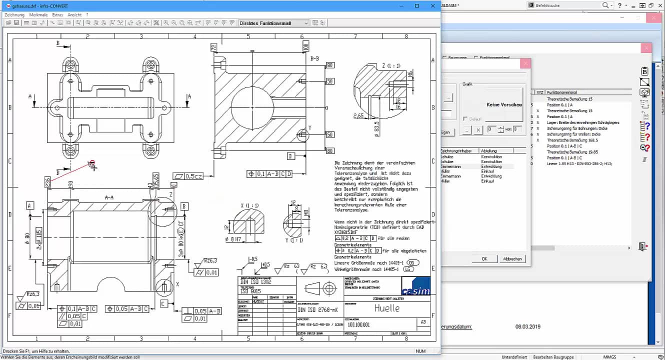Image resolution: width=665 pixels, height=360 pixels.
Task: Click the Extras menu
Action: pos(57,15)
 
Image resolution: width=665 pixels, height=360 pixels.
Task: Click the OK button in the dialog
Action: pos(484,258)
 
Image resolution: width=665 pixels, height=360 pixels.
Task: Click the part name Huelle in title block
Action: pos(387,308)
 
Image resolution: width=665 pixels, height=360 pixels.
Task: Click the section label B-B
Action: pos(315,59)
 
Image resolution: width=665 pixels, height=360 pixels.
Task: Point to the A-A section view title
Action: pos(109,198)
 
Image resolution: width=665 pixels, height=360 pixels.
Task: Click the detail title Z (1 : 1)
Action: pos(391,65)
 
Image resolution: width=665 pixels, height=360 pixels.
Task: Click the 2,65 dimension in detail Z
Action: pos(358,116)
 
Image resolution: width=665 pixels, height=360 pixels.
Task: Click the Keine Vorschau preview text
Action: pos(504,105)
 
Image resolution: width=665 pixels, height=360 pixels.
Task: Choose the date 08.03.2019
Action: pos(526,326)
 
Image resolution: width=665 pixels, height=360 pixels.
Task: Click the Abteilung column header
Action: pos(488,150)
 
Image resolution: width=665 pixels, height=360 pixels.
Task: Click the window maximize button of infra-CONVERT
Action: pos(417,6)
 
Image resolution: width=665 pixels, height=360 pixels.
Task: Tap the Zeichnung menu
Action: pos(14,15)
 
